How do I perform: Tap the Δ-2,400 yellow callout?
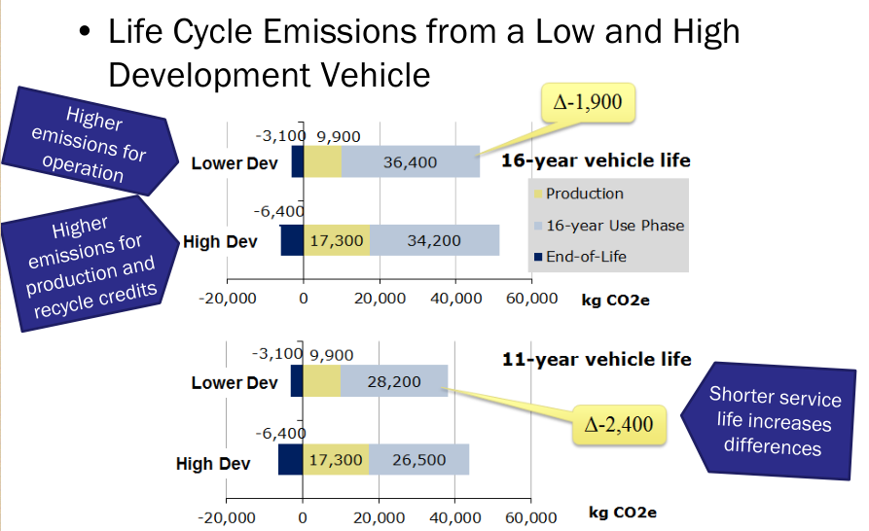point(619,425)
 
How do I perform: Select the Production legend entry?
point(584,194)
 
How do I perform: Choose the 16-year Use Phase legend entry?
point(614,226)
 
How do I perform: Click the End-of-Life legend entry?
point(586,257)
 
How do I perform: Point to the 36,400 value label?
point(410,162)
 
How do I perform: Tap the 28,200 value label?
point(393,381)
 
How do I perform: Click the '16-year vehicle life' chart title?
point(596,160)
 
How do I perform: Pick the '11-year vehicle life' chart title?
point(597,359)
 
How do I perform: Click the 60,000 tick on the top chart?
point(530,299)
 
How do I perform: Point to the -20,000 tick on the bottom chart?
point(227,517)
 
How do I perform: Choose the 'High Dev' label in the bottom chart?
point(213,464)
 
